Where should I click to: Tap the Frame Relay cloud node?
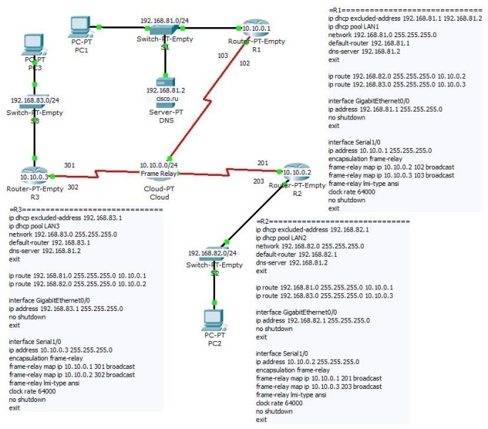point(159,172)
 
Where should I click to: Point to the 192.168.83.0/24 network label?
point(34,101)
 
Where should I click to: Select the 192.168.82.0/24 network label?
point(213,253)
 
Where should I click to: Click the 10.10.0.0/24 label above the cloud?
point(159,165)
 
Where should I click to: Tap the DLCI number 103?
point(222,54)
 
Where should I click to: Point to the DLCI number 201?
point(263,162)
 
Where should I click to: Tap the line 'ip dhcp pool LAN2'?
point(284,237)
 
